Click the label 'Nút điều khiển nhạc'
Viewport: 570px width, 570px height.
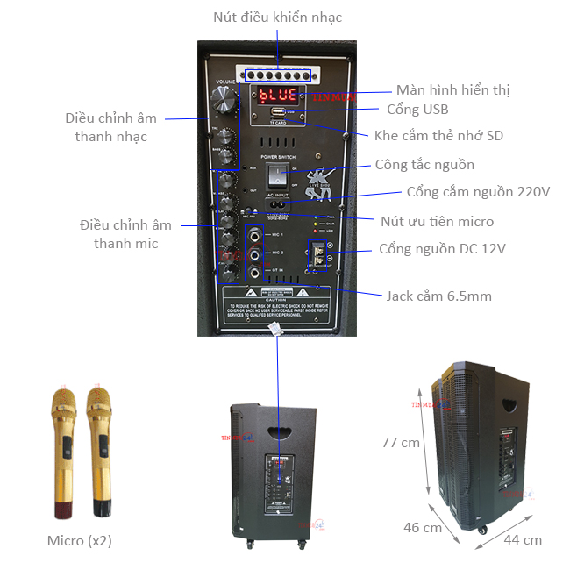(277, 18)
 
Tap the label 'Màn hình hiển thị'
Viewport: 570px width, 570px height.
(452, 89)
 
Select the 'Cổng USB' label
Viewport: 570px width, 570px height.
(417, 110)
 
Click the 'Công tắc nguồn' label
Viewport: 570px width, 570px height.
(424, 165)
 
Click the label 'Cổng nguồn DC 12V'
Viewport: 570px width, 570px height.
(442, 249)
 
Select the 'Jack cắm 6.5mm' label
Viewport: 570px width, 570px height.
(438, 296)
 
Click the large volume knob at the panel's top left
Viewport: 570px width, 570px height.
(225, 97)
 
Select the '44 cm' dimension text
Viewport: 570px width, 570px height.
(523, 539)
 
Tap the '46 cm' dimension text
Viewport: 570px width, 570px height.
(423, 528)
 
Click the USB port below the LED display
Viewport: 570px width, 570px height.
(277, 113)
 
